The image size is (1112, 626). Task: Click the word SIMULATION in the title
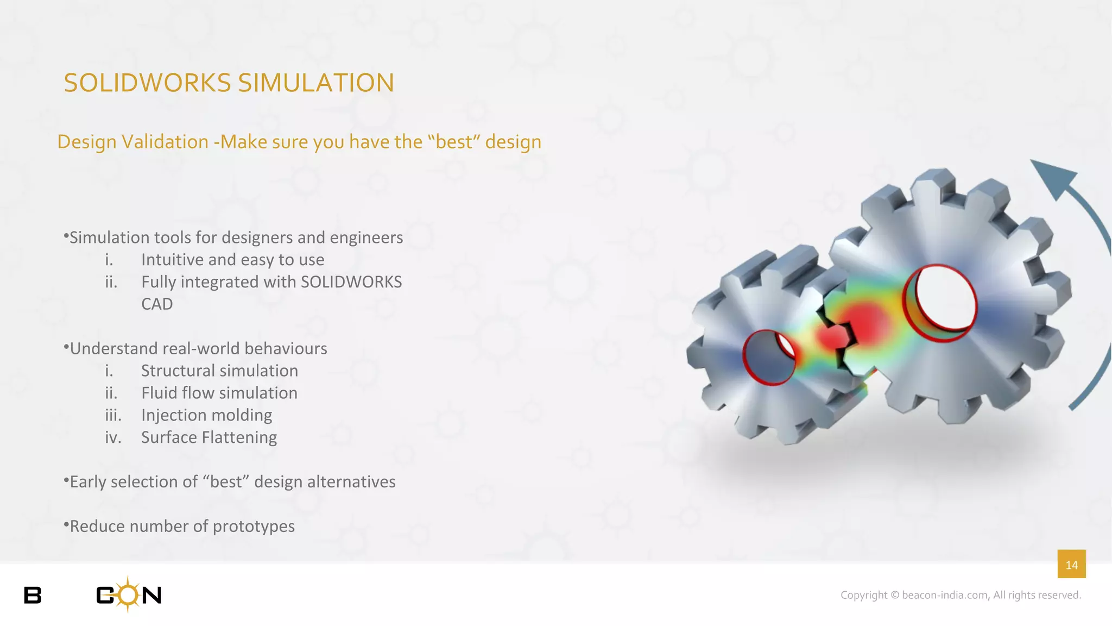tap(316, 83)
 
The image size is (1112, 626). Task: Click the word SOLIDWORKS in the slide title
tap(148, 83)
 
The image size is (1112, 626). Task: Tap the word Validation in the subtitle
tap(165, 142)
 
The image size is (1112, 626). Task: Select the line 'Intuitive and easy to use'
tap(232, 260)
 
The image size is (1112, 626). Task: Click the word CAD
tap(157, 304)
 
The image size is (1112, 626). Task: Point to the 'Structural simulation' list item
tap(219, 371)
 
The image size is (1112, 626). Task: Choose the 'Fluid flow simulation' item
tap(219, 393)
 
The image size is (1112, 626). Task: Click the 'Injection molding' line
tap(206, 416)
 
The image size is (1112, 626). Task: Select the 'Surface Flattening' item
tap(209, 438)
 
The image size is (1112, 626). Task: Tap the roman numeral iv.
tap(113, 438)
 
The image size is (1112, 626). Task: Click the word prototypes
tap(254, 527)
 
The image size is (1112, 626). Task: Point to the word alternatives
tap(351, 482)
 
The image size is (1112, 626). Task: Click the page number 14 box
tap(1071, 565)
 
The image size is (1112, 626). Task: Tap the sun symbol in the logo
tap(128, 594)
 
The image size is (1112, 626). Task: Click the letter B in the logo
tap(33, 596)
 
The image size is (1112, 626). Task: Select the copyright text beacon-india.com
tap(945, 595)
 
